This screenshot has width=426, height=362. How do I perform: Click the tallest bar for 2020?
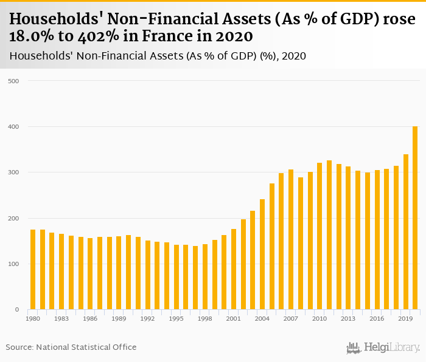coord(415,218)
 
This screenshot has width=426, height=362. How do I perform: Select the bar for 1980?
coord(33,270)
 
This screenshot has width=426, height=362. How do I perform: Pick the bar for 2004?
coord(262,254)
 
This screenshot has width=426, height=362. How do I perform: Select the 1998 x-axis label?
coord(205,318)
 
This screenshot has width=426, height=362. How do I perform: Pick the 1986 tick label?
coord(90,318)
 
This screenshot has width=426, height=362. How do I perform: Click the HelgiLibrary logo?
coord(383,347)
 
